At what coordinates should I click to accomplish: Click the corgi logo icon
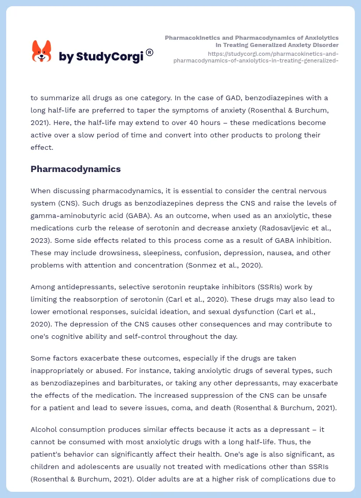tap(42, 52)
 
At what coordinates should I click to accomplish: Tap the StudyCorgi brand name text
tap(101, 57)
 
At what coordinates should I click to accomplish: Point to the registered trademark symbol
tap(149, 52)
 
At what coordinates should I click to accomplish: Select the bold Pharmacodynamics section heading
tap(76, 169)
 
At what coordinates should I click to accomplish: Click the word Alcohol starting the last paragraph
tap(45, 429)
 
